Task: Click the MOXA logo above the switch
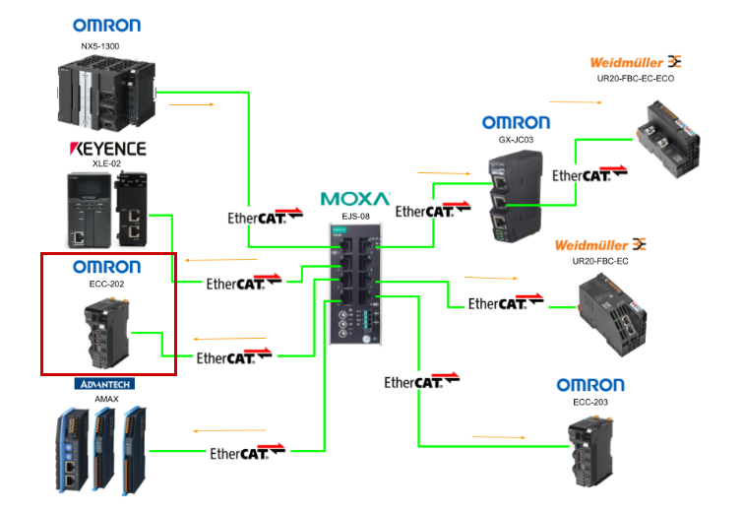point(354,199)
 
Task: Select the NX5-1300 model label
point(106,45)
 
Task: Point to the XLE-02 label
point(106,164)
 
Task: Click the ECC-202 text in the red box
point(106,284)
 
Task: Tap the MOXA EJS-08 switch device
point(354,282)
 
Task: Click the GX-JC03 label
point(516,140)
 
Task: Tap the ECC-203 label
point(590,402)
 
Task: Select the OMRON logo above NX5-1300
point(106,26)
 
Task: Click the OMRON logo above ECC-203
point(590,385)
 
